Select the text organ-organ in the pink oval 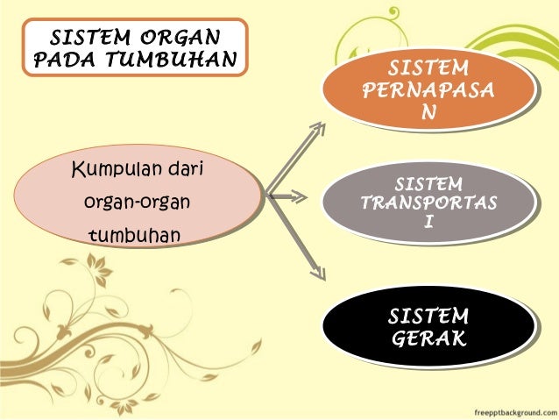136,202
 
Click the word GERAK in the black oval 428,338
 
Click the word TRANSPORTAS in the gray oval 428,203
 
